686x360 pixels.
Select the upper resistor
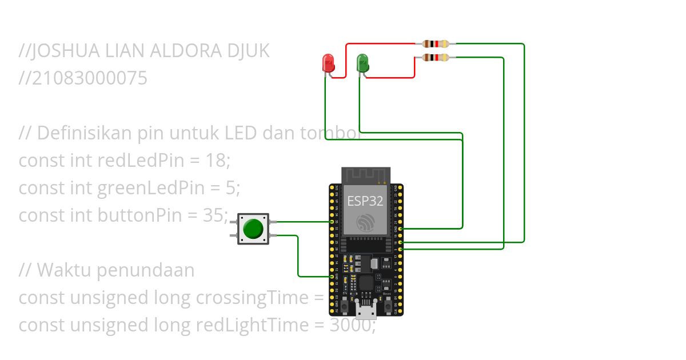(436, 43)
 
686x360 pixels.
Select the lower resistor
(436, 57)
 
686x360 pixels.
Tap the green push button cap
(253, 229)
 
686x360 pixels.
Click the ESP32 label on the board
(365, 201)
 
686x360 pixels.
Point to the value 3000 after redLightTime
(350, 325)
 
